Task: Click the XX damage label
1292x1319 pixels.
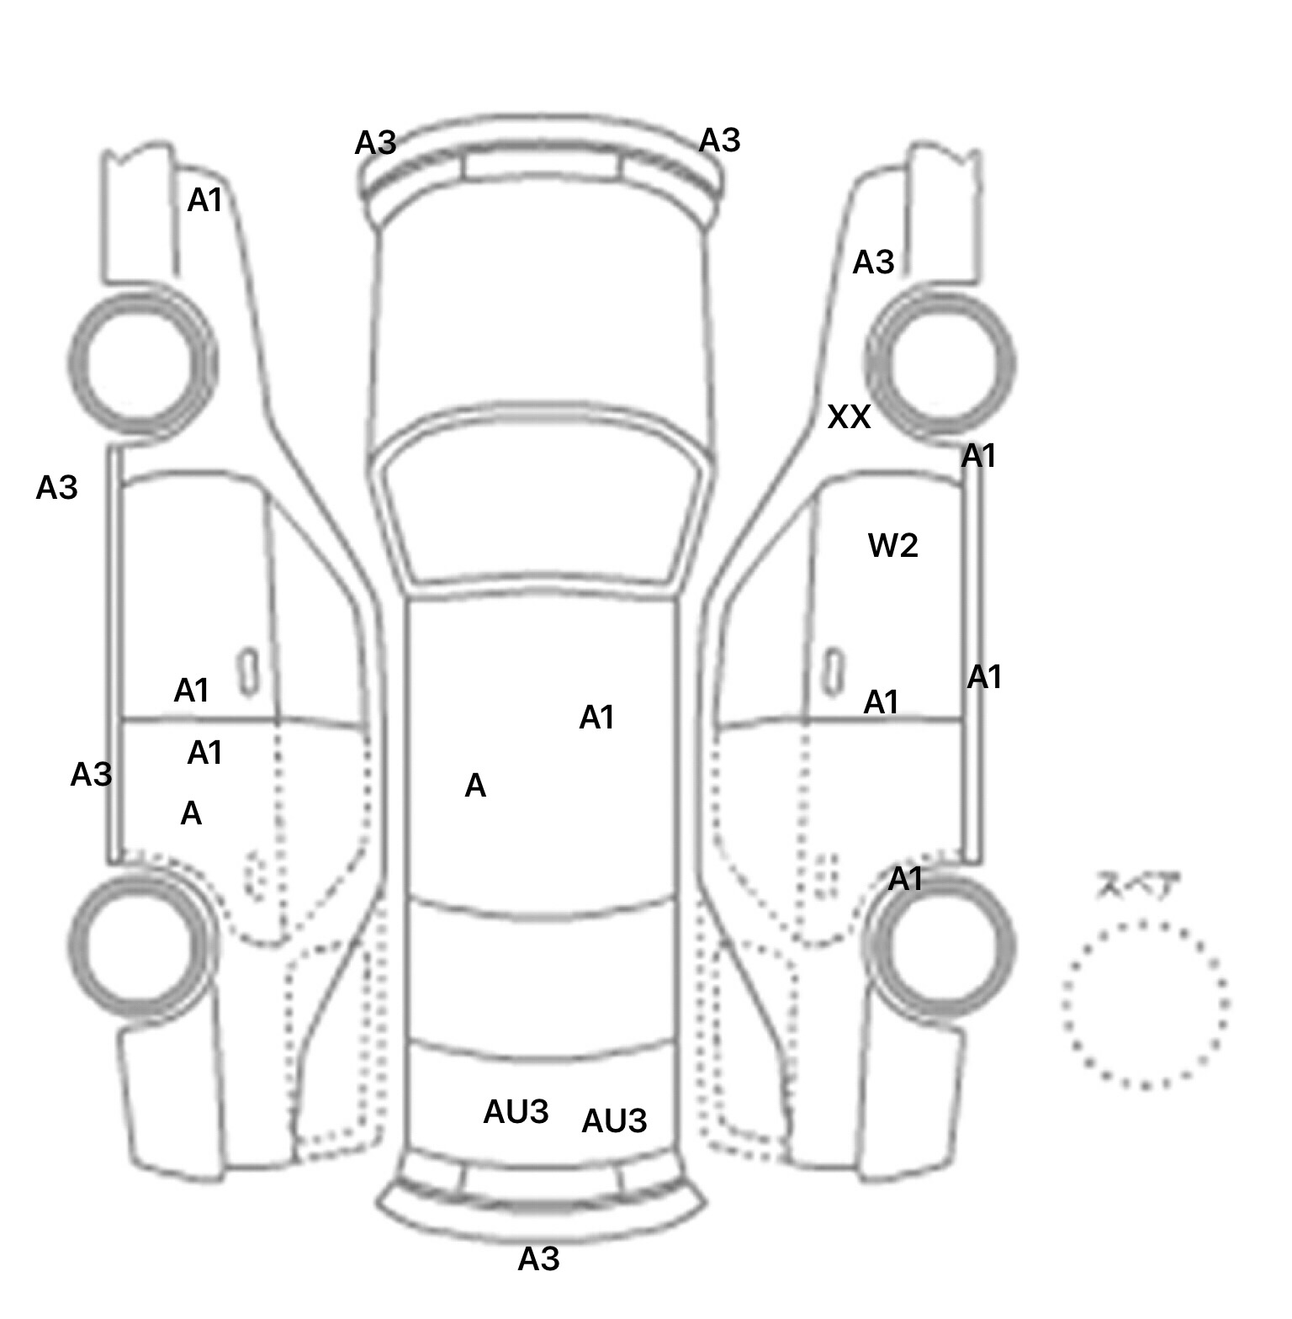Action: (849, 417)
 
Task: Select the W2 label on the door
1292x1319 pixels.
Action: (892, 546)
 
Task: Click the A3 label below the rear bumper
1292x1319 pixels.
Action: (538, 1259)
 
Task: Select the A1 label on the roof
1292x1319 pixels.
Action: (596, 718)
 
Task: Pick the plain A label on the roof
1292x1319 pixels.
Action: (475, 786)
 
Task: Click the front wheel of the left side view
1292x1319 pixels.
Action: (141, 362)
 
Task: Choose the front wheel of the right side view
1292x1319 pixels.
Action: (940, 363)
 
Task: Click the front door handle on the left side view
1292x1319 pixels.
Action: (248, 671)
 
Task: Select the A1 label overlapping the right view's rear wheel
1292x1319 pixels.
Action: (906, 879)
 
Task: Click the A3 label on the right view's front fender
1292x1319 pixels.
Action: (873, 262)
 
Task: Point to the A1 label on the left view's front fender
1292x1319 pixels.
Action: (204, 200)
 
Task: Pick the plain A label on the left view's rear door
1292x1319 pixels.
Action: (191, 813)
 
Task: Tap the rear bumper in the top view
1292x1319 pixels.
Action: (538, 1207)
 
